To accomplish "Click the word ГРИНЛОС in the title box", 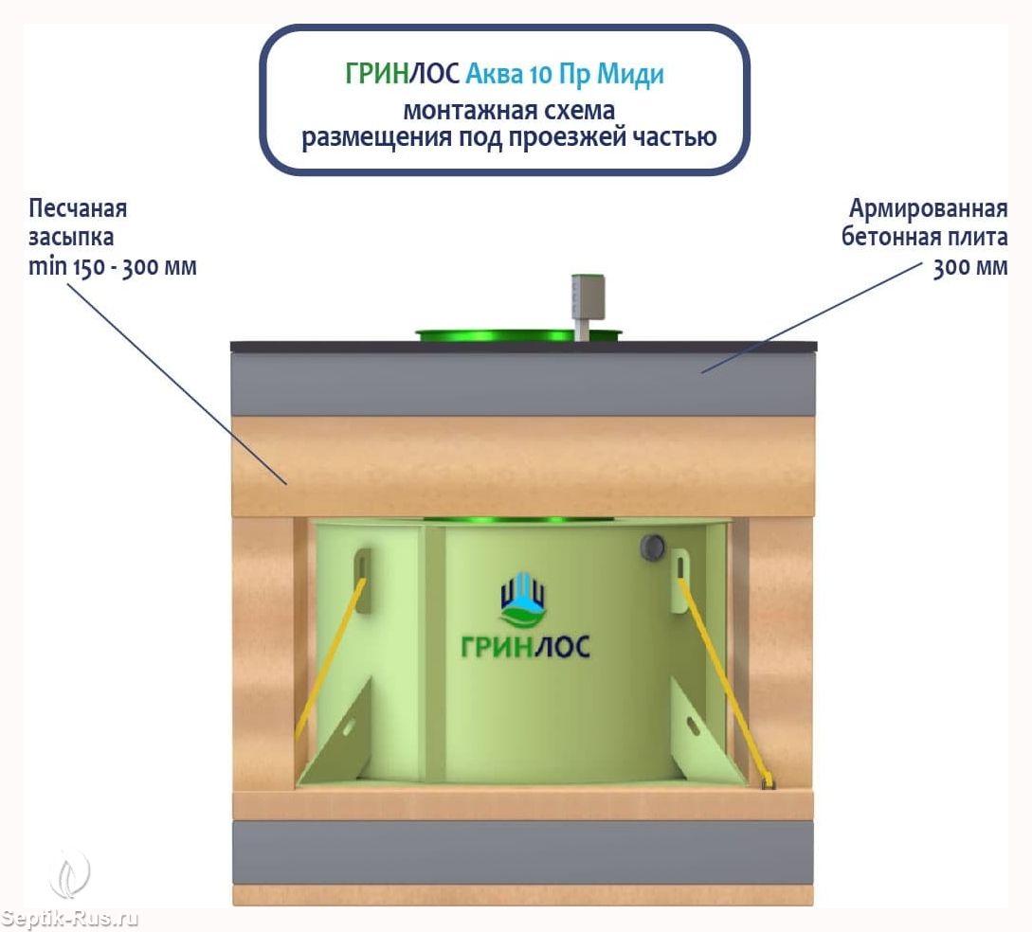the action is tap(402, 74).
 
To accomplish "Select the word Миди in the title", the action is tap(630, 74).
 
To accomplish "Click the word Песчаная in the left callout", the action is tap(78, 208).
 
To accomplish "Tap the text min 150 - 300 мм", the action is tap(113, 266).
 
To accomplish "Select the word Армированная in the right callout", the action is tap(928, 208).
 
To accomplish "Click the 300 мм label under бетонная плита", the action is tap(970, 267).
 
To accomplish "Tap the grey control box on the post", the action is tap(588, 296).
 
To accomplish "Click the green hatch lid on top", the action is tap(518, 335).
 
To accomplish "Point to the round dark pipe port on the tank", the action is tap(653, 547).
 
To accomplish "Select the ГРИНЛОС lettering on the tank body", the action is tap(525, 647).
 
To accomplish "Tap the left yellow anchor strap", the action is tap(329, 657).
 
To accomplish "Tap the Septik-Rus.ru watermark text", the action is tap(69, 918).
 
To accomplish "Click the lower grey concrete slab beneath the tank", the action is tap(523, 851).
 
